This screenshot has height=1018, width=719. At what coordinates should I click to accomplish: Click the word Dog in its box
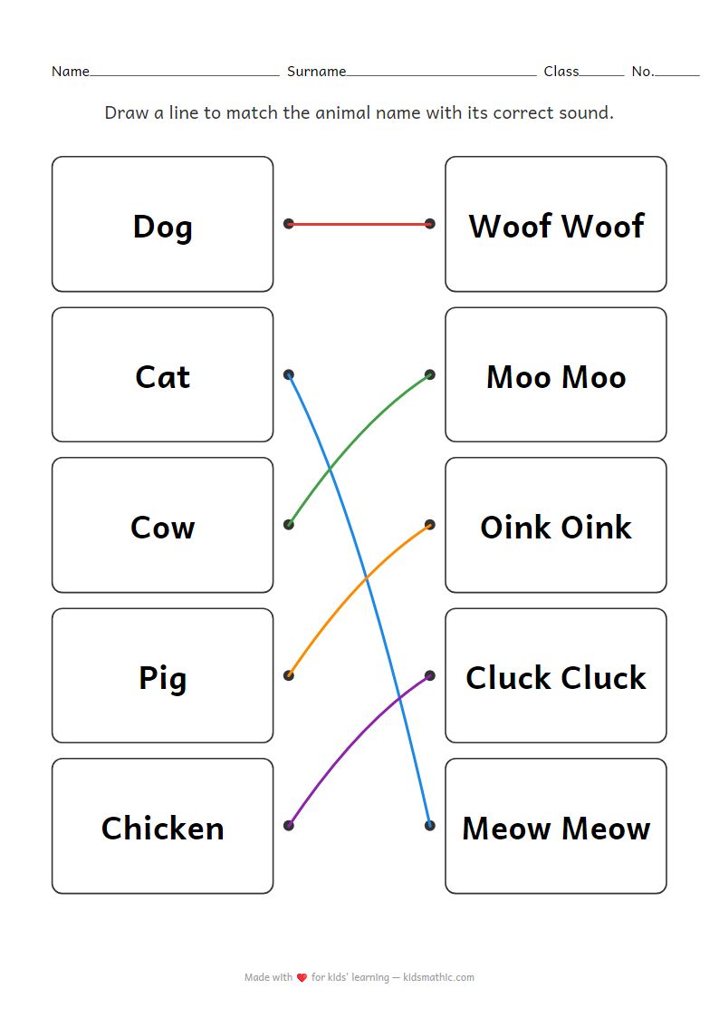click(x=162, y=226)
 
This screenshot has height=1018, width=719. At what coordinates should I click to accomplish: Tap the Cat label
click(x=162, y=376)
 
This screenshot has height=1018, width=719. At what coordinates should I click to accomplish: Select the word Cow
click(x=162, y=527)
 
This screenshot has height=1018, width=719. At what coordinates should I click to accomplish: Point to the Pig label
click(x=162, y=677)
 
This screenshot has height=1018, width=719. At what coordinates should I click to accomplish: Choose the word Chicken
click(x=162, y=828)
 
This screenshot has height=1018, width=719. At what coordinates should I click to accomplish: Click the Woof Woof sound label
click(x=555, y=226)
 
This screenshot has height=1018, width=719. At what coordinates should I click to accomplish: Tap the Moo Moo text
click(x=555, y=376)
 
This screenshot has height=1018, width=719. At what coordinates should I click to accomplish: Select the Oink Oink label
click(x=555, y=527)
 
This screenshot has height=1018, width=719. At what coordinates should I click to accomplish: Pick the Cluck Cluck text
click(x=555, y=677)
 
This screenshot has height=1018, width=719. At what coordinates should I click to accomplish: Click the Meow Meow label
click(x=555, y=828)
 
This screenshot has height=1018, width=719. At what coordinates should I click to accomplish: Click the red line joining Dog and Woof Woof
click(x=359, y=223)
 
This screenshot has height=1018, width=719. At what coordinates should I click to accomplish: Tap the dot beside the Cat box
click(x=289, y=374)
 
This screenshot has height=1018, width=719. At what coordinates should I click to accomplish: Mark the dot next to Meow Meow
click(x=429, y=826)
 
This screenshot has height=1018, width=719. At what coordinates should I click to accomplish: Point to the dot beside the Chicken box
click(x=289, y=826)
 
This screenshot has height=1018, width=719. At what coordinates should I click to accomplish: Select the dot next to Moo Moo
click(x=429, y=374)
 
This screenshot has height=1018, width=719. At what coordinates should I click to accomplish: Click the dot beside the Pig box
click(x=289, y=675)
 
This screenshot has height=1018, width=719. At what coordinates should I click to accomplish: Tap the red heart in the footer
click(x=302, y=978)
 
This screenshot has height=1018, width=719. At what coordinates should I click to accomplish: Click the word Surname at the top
click(x=316, y=72)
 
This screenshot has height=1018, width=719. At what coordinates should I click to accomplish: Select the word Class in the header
click(x=561, y=72)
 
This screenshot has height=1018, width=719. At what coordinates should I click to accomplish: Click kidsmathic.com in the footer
click(x=439, y=977)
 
